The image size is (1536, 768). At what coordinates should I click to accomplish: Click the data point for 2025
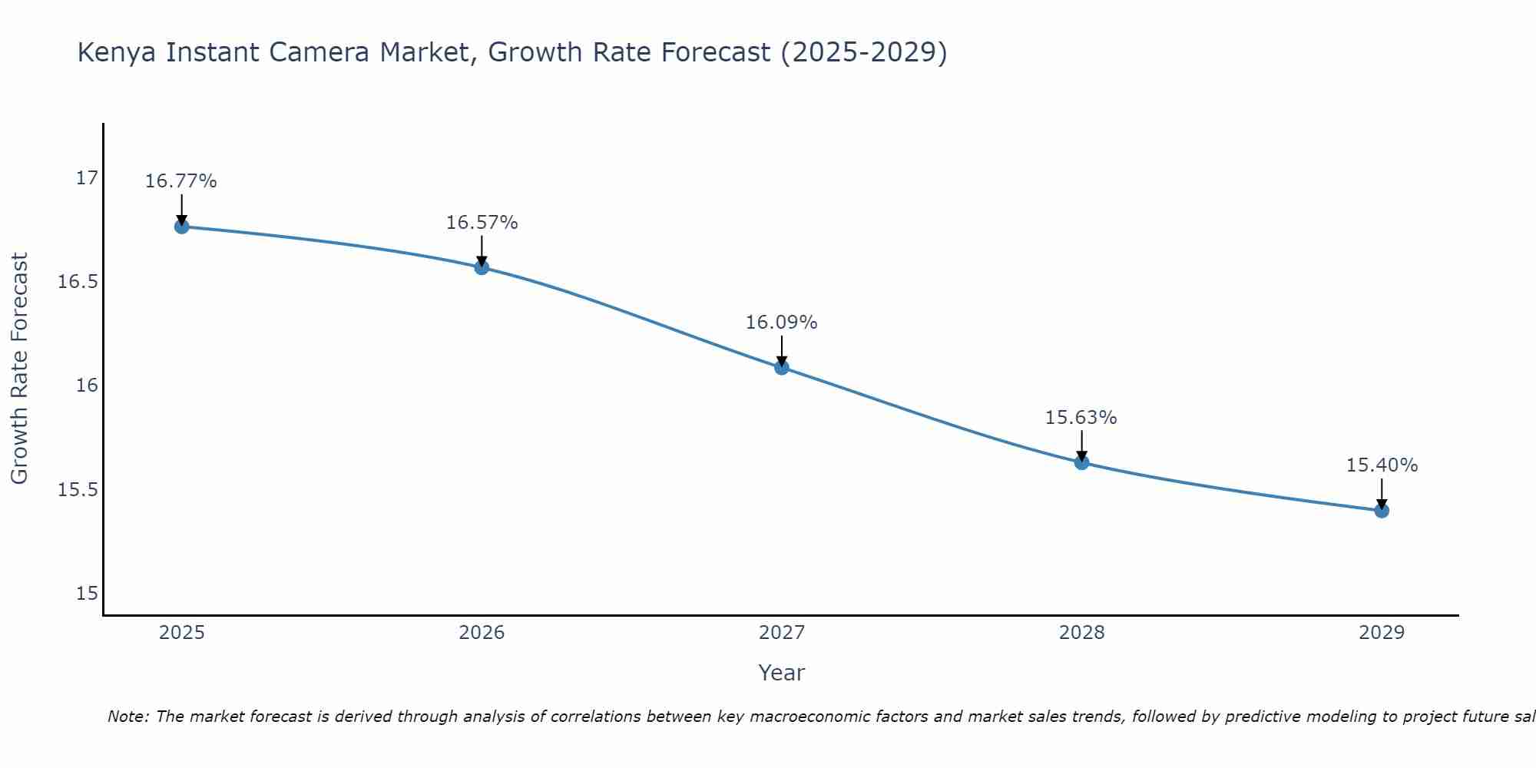point(182,227)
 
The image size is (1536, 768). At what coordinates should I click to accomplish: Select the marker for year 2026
point(482,267)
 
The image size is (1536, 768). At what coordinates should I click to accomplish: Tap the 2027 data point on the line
point(782,367)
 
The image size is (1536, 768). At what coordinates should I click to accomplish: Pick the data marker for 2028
point(1081,462)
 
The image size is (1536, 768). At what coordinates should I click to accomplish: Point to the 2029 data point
point(1382,510)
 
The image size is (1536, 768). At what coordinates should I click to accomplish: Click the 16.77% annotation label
point(181,181)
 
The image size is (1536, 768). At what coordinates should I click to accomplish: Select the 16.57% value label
point(482,223)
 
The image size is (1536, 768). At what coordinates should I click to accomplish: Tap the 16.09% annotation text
point(782,323)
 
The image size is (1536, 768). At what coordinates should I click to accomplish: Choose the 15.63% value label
point(1081,418)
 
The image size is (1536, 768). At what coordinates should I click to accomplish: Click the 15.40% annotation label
point(1382,465)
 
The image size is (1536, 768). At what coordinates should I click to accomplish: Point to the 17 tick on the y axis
point(87,178)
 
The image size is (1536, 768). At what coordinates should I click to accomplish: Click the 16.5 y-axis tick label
point(78,282)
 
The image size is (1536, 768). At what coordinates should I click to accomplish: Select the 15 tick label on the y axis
point(87,593)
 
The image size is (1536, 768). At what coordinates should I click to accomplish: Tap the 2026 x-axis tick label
point(482,633)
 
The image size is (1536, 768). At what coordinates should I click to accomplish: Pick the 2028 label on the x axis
point(1081,633)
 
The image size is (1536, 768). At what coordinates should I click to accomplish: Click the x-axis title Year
point(781,673)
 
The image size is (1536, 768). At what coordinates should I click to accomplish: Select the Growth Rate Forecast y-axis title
point(19,369)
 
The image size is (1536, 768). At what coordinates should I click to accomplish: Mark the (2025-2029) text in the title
point(863,53)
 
